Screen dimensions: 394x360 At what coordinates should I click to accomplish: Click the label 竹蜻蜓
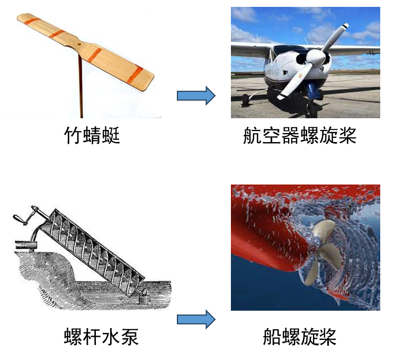pos(92,135)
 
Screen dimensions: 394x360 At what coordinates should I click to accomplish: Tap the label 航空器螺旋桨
pos(300,135)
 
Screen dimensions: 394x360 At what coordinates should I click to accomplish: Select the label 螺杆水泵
pos(101,336)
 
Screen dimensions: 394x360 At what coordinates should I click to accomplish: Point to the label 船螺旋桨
pos(300,336)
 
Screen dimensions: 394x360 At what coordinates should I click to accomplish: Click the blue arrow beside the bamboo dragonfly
pos(196,95)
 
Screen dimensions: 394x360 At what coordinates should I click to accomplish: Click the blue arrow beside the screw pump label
pos(196,319)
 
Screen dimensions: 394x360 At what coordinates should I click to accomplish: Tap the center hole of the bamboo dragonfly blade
pos(79,45)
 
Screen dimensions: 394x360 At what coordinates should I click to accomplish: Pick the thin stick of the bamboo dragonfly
pos(80,85)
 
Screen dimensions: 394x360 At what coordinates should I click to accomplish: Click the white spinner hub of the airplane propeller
pos(316,57)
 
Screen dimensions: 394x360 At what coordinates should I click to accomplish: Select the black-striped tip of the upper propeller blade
pos(345,26)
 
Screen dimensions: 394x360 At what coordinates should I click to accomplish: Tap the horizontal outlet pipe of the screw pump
pos(26,244)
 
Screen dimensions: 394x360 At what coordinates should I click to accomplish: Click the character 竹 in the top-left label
pos(73,135)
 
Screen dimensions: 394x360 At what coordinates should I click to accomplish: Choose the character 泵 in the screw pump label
pos(130,336)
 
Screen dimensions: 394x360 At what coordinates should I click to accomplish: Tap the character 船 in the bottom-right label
pos(272,336)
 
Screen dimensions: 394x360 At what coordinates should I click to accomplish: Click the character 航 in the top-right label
pos(252,135)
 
